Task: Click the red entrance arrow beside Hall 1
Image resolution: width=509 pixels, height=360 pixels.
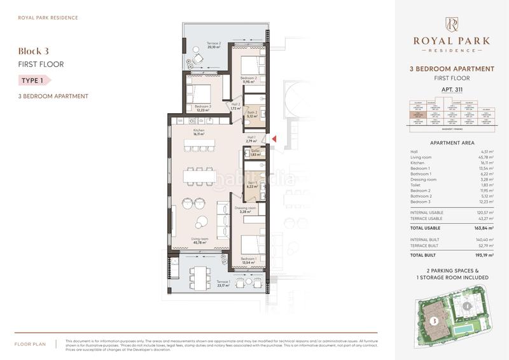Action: [274, 138]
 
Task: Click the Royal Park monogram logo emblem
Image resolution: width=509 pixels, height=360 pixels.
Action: [452, 24]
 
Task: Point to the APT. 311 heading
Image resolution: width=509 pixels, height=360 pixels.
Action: [451, 90]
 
